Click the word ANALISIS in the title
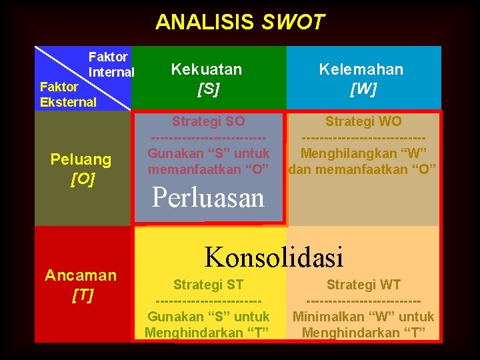tap(205, 23)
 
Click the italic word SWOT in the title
tap(293, 23)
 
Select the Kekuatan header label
tap(207, 69)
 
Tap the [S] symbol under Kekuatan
tap(208, 88)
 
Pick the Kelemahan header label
tap(361, 69)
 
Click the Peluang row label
tap(81, 160)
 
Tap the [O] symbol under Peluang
tap(83, 179)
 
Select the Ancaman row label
tap(81, 275)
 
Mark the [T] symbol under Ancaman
tap(82, 294)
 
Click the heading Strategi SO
tap(208, 121)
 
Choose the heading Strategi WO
tap(363, 121)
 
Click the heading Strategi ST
tap(208, 285)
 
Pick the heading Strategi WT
tap(363, 285)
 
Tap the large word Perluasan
tap(208, 198)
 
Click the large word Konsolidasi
tap(273, 257)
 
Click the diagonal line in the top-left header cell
tap(83, 77)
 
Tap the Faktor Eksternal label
tap(68, 95)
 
